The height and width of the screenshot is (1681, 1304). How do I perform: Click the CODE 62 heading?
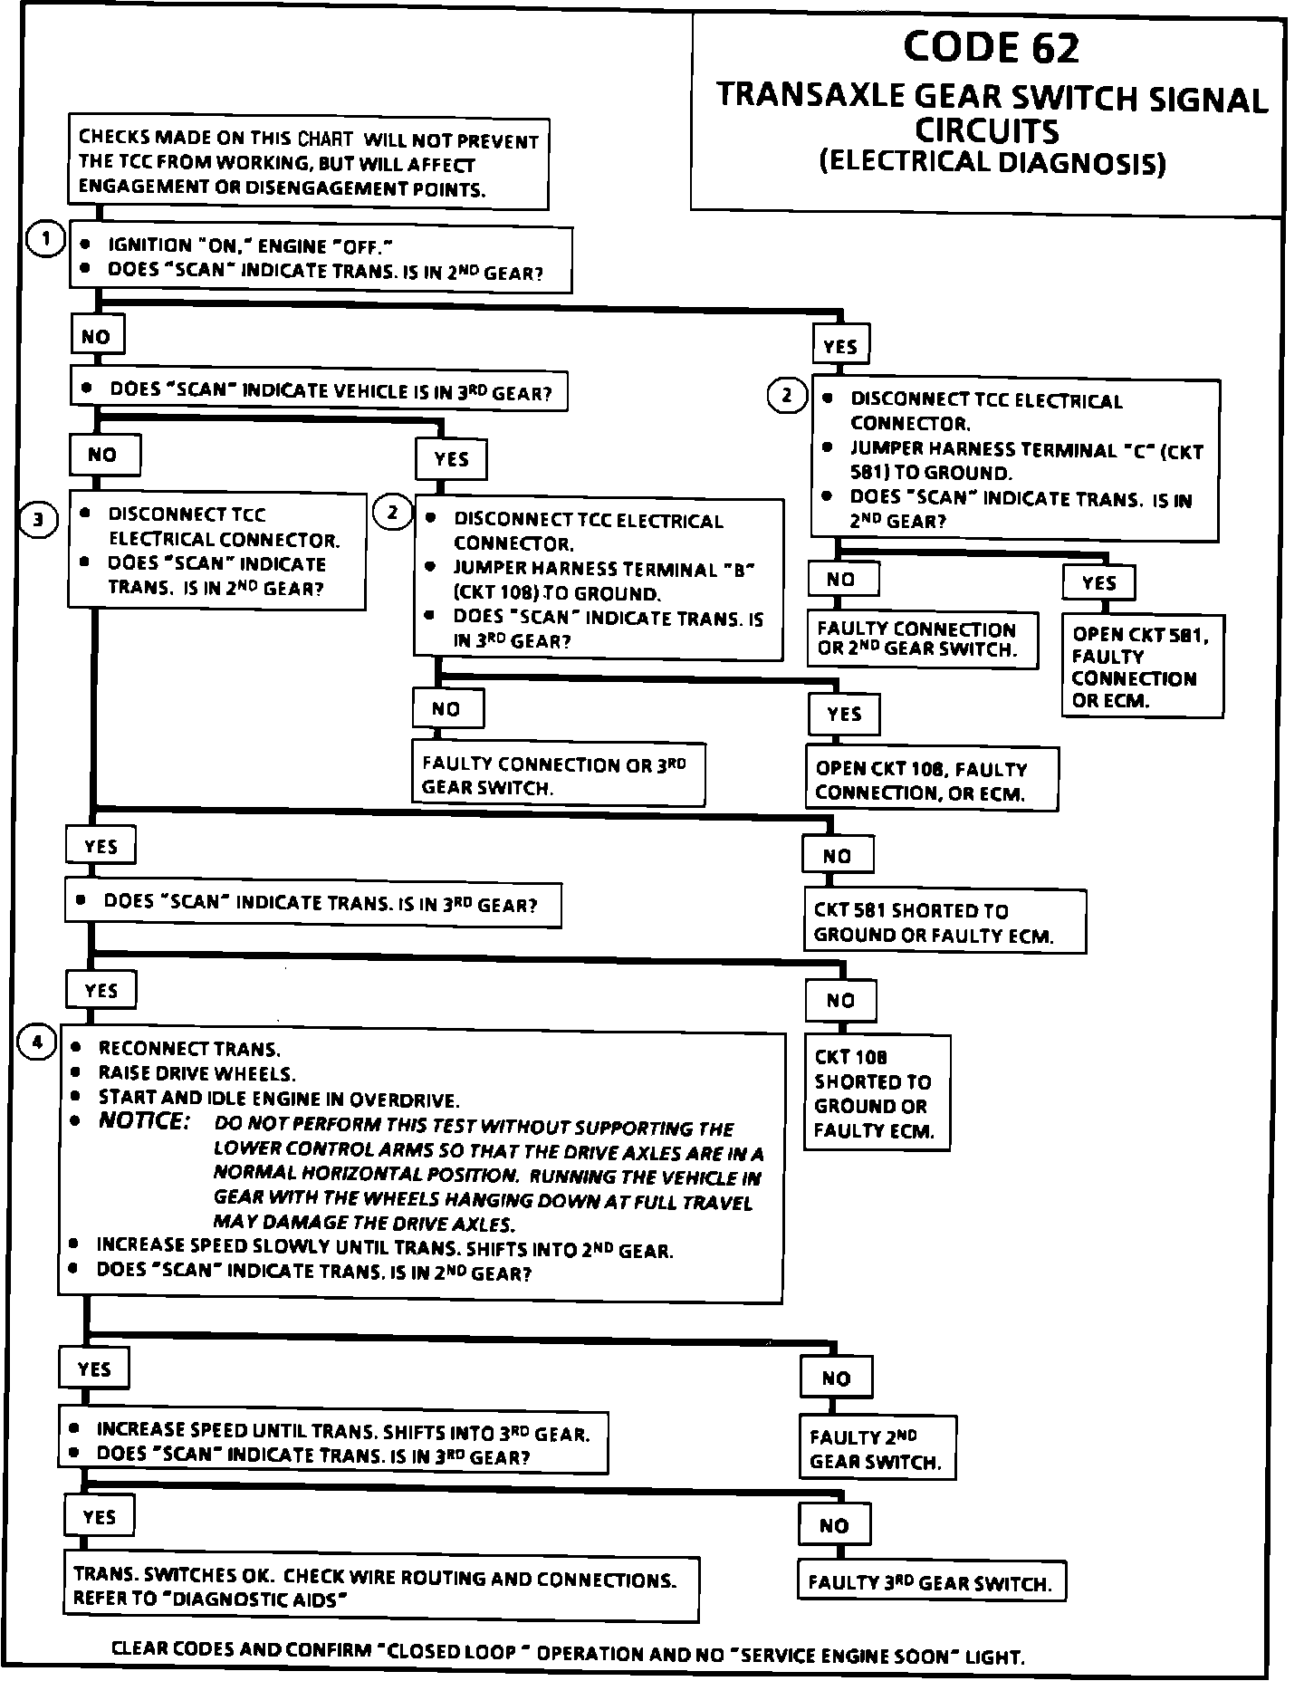(991, 47)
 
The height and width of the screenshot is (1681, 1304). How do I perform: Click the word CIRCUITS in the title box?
(986, 130)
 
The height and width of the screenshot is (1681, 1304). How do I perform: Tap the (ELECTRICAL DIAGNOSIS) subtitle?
(992, 163)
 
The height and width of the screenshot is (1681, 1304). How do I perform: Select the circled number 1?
(44, 240)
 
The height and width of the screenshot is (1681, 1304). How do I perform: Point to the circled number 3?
(39, 520)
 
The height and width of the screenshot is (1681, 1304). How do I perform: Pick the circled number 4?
(37, 1042)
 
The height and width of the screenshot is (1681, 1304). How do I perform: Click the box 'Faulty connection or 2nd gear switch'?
(921, 639)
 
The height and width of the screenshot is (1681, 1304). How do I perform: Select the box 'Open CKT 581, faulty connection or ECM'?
(1143, 667)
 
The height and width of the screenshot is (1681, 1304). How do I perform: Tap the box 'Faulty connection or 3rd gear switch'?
(558, 775)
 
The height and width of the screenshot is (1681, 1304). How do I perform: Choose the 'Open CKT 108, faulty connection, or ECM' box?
(931, 780)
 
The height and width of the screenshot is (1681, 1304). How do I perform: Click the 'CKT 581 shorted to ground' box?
(944, 922)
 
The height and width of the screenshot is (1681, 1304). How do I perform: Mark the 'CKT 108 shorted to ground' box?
(876, 1092)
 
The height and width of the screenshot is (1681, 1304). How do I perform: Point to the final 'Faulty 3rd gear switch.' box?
(931, 1582)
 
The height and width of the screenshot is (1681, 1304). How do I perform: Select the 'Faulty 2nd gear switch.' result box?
(877, 1448)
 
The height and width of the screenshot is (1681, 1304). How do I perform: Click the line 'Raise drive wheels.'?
(197, 1074)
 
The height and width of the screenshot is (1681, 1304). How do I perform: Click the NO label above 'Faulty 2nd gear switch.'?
(836, 1378)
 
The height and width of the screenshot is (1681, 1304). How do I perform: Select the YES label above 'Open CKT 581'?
(1098, 582)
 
